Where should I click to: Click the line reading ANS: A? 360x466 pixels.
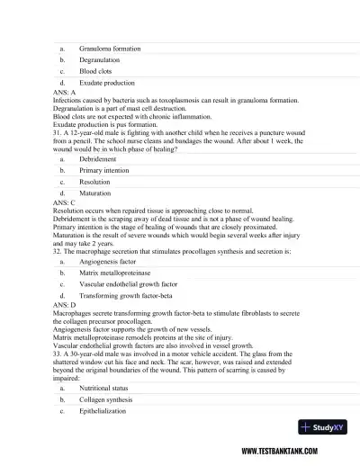point(64,92)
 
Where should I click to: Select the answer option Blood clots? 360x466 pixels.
point(97,70)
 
